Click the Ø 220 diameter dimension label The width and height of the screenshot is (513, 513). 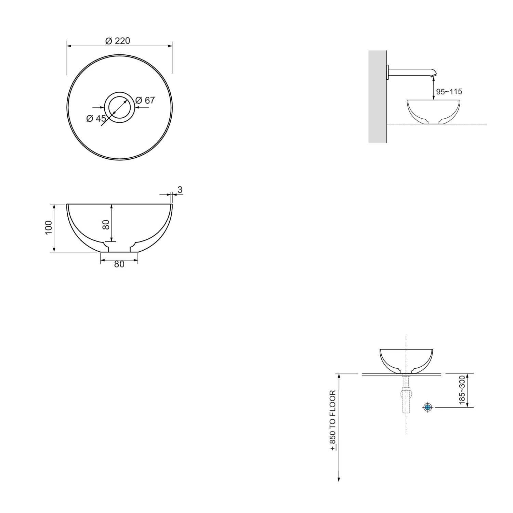118,41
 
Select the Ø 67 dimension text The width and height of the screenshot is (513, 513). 145,100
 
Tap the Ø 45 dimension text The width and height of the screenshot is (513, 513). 96,119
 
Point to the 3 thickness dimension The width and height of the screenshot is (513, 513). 180,190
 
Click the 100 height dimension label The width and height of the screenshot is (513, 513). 49,228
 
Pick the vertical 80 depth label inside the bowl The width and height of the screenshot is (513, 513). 106,224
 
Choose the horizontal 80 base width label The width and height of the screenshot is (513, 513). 119,264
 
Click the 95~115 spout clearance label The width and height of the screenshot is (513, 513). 449,92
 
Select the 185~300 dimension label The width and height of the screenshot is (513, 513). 462,390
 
